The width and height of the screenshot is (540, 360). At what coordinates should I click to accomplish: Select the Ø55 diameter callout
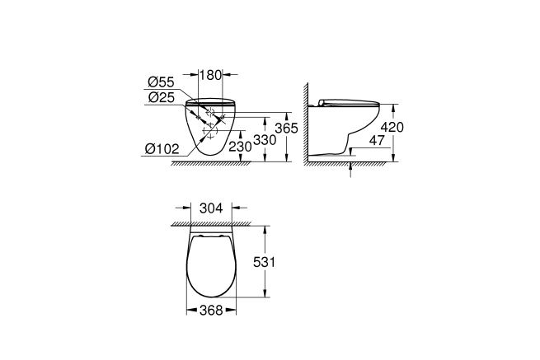pyautogui.click(x=161, y=82)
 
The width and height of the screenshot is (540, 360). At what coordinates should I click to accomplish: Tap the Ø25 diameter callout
pyautogui.click(x=161, y=97)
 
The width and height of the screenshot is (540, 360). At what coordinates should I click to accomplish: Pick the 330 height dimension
pyautogui.click(x=264, y=140)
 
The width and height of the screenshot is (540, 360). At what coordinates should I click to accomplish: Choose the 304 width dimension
pyautogui.click(x=212, y=208)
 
